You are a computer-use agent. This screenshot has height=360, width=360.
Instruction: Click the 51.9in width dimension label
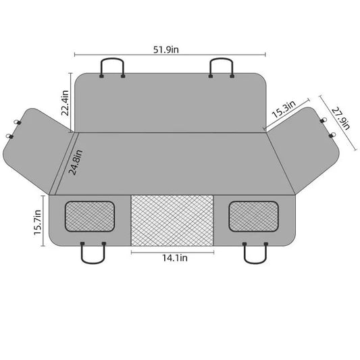[x=165, y=49]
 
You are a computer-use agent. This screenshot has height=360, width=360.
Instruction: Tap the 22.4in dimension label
[x=65, y=103]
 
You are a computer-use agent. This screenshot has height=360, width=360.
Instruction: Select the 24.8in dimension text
[x=76, y=162]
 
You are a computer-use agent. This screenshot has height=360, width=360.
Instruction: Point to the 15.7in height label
[x=37, y=222]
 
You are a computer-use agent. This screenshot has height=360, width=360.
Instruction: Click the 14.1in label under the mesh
[x=175, y=258]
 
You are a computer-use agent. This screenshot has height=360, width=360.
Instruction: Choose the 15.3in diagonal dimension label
[x=284, y=109]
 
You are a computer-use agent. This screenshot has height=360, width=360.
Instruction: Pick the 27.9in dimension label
[x=340, y=118]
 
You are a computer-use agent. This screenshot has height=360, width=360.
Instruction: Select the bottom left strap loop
[x=93, y=262]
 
